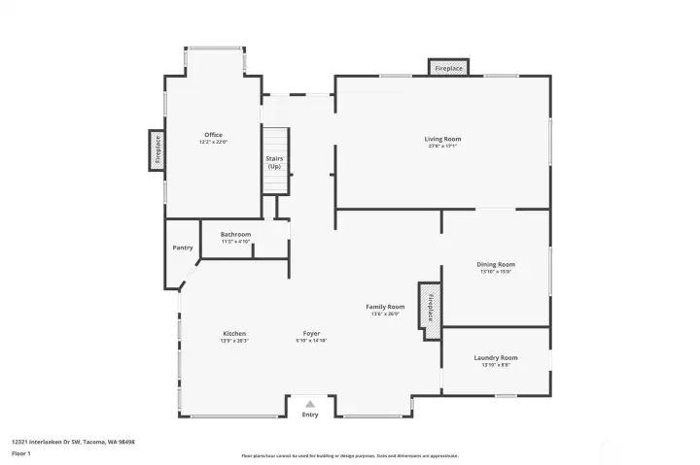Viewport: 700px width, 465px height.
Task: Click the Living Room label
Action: (x=442, y=139)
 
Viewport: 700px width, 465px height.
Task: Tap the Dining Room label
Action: (x=495, y=264)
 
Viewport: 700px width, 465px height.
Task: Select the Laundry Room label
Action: (x=495, y=357)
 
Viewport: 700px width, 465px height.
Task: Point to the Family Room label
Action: (x=385, y=306)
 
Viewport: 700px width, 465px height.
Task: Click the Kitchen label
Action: (x=234, y=333)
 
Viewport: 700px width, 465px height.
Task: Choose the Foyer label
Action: (x=311, y=333)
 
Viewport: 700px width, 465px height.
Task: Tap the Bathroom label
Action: (x=235, y=234)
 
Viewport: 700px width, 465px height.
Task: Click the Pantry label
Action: (x=183, y=248)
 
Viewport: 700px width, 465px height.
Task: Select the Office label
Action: (x=213, y=135)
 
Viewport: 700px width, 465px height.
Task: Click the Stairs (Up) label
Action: (x=274, y=162)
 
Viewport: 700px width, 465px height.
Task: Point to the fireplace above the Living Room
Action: (x=448, y=69)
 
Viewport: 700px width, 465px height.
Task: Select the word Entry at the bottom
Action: (x=310, y=415)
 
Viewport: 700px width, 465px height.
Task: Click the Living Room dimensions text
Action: (x=442, y=147)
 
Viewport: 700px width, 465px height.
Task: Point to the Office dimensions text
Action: (x=213, y=143)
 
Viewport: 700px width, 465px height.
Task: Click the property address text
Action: (x=73, y=442)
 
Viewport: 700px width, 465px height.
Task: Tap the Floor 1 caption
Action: (x=21, y=453)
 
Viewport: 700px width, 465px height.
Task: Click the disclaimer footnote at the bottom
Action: (x=349, y=455)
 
